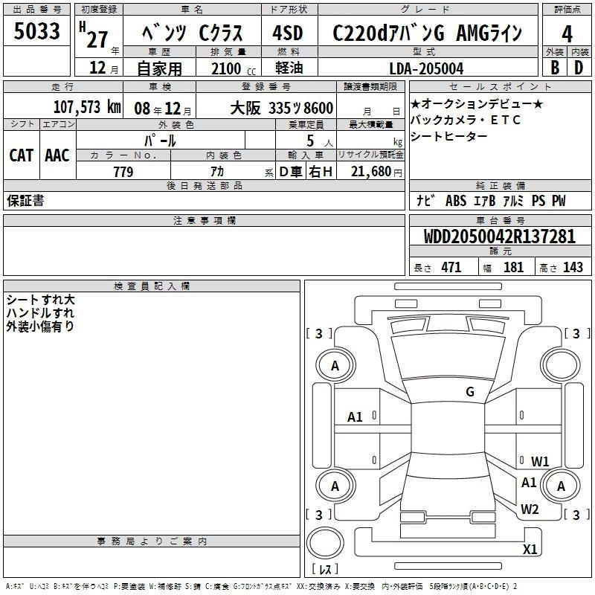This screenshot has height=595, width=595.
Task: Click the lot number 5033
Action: point(36,30)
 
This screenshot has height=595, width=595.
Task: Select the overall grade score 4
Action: point(567,34)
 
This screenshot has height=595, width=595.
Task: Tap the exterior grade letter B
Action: point(555,68)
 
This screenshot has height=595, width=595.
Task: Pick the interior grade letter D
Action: point(579,68)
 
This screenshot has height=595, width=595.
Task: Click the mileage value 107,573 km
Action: point(87,107)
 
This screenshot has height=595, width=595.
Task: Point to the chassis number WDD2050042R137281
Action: point(500,237)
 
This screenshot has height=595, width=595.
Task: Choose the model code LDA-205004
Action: point(426,68)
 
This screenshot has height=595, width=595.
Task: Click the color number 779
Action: point(123,172)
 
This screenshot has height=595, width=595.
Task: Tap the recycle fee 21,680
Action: point(371,172)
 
